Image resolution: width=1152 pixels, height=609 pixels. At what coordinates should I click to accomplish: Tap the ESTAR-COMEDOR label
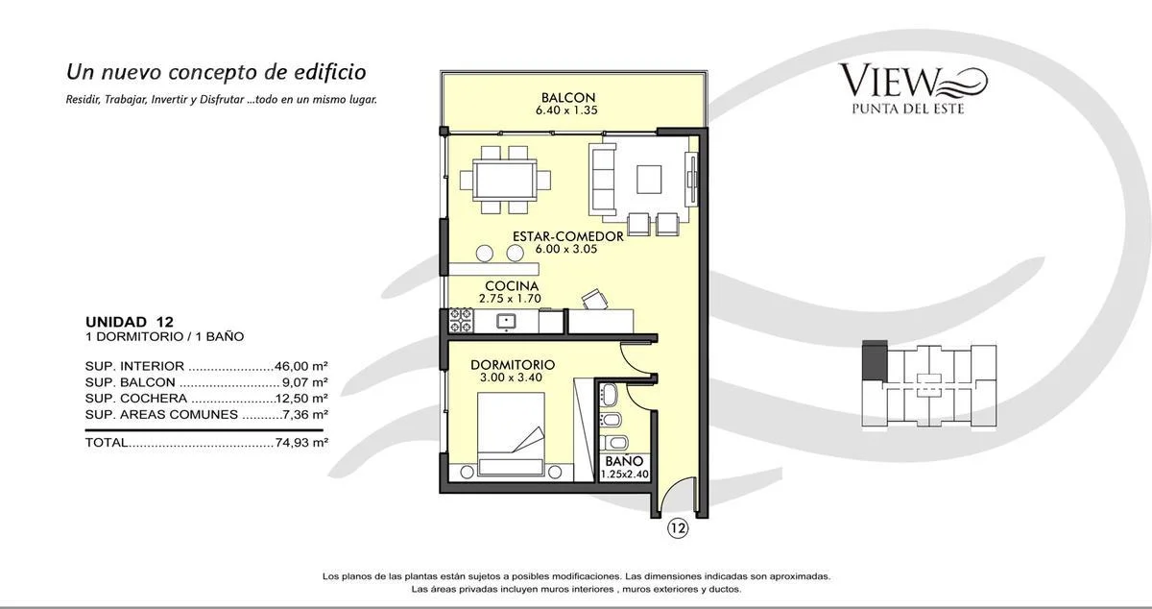click(567, 236)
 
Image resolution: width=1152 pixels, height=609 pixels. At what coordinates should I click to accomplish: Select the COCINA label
click(512, 285)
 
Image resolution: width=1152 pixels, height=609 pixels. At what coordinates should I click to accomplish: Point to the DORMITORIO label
click(513, 365)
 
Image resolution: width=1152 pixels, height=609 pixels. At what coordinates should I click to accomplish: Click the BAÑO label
click(624, 461)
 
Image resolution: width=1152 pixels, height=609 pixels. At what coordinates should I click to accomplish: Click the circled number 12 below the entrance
click(678, 528)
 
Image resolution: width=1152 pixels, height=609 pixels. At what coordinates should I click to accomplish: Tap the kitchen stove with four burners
click(462, 320)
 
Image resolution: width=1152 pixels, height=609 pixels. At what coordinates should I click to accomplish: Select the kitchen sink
click(506, 322)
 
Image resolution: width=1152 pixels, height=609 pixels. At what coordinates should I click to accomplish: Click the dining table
click(505, 180)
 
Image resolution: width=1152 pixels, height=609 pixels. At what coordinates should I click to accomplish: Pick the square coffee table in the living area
click(649, 180)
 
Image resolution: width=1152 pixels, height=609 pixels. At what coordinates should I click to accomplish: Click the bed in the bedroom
click(511, 434)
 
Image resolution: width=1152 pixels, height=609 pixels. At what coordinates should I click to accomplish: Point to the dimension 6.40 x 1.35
click(566, 110)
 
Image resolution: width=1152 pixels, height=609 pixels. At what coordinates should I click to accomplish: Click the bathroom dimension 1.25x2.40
click(624, 475)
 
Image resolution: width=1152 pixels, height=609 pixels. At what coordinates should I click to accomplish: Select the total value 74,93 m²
click(301, 442)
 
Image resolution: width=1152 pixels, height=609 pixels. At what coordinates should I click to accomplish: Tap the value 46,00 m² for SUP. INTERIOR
click(301, 366)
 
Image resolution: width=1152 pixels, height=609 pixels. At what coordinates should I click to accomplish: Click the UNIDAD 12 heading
click(130, 322)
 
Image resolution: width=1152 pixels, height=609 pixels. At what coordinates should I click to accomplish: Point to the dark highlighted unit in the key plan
click(875, 360)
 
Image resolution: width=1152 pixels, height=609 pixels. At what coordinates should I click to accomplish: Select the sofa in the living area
click(603, 180)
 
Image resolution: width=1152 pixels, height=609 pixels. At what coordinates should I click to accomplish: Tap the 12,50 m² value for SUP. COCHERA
click(301, 399)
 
